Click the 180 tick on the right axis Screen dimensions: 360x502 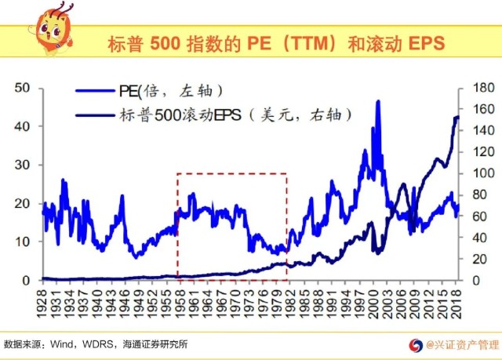481,88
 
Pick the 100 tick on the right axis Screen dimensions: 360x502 481,173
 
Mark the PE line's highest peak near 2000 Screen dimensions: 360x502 378,101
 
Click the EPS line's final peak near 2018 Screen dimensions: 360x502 457,117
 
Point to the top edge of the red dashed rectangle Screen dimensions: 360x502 231,173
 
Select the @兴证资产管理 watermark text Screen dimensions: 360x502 461,344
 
